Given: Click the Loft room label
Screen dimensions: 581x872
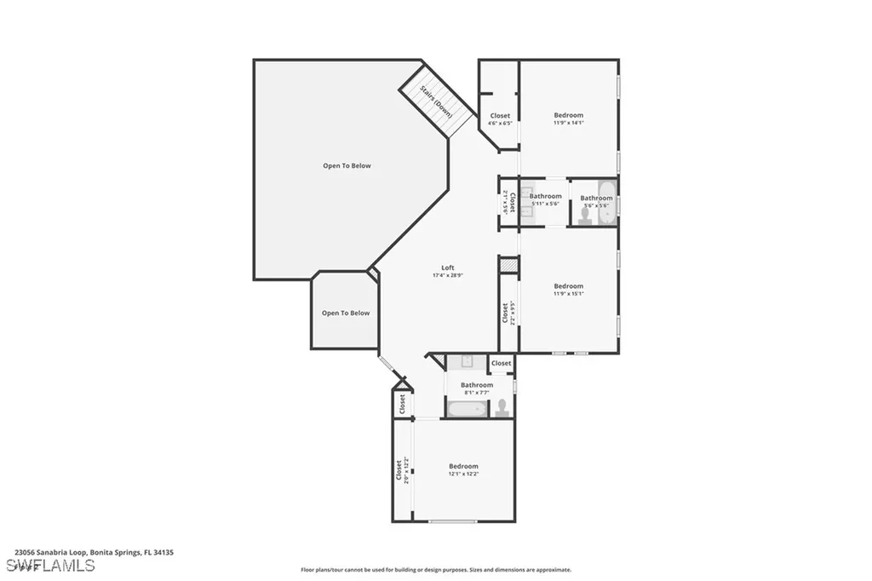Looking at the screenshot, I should pos(448,267).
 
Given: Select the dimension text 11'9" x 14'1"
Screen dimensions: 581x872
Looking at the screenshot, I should pos(569,123).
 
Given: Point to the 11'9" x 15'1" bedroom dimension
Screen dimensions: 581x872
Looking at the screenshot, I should pos(569,294).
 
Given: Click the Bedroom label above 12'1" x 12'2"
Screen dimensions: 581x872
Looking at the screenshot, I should pos(463,466).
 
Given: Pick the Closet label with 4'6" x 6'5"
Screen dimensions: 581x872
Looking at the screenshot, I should pos(500,116).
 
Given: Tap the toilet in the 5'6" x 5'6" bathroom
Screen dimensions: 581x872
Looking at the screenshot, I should pos(585,217).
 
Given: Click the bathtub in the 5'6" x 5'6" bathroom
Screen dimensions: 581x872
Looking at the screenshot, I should pos(607,203).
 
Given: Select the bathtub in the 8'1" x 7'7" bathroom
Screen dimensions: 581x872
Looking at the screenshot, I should pos(466,410).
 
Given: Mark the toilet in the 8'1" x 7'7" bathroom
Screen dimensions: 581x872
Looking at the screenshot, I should pos(502,408).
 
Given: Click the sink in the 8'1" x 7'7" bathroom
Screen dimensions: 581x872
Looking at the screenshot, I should pos(468,362).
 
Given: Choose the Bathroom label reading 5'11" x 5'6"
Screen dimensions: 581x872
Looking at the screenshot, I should pos(545,197).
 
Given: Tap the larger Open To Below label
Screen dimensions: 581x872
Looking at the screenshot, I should pos(347,166).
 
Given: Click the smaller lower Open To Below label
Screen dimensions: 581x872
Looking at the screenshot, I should pos(346,313).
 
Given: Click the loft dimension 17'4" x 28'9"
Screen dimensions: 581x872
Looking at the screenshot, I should pos(448,275).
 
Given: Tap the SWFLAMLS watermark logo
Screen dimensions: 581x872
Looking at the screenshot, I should pos(50,566).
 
